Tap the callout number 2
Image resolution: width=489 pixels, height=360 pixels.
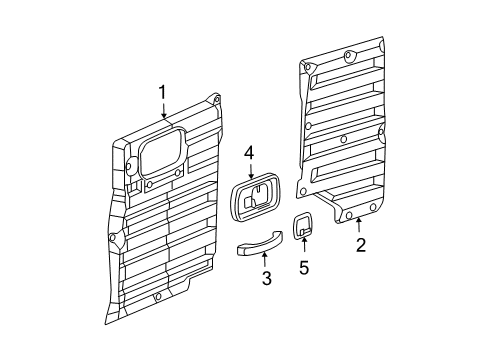[359, 243]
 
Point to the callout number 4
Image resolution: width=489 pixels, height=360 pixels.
[250, 153]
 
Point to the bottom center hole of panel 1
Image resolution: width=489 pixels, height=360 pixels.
[157, 298]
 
